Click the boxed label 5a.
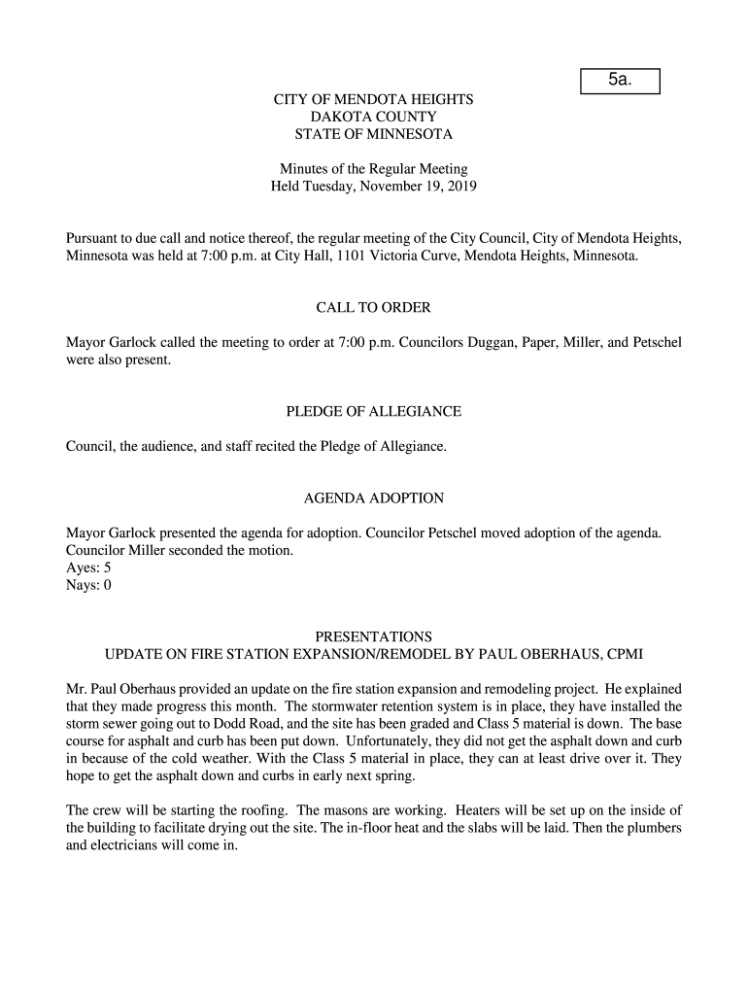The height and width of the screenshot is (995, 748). [x=620, y=81]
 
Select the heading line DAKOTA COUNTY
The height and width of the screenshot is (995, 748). [x=373, y=117]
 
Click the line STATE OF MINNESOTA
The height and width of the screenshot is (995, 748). [x=373, y=134]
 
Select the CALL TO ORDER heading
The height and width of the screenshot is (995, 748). [x=373, y=308]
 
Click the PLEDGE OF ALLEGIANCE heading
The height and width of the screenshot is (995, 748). [x=373, y=412]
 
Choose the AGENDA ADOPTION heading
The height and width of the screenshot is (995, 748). [x=373, y=498]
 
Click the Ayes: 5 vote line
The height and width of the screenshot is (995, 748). [x=88, y=568]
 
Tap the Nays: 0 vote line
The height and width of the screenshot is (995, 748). [x=88, y=585]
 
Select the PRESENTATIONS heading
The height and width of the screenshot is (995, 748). [x=373, y=636]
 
